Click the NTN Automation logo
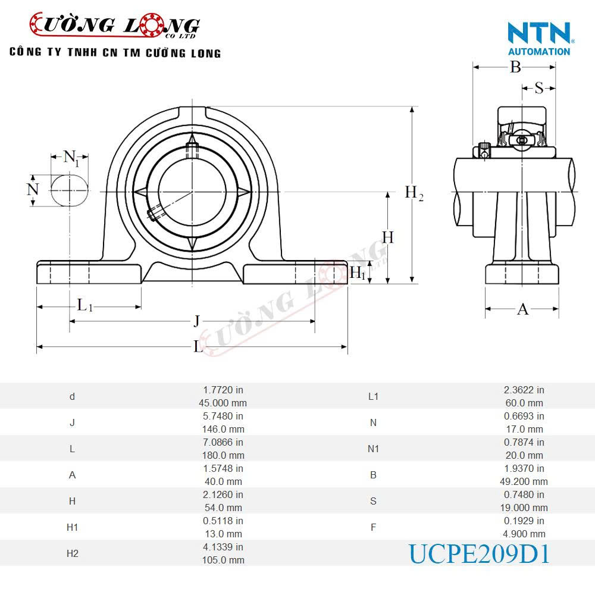click(x=539, y=38)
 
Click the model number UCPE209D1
click(x=479, y=553)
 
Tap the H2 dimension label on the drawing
click(x=414, y=193)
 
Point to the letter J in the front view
click(x=196, y=322)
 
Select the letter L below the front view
click(x=198, y=346)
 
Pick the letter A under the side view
click(x=522, y=309)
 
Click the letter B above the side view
click(x=515, y=67)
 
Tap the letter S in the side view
click(x=538, y=88)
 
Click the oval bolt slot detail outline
click(x=70, y=190)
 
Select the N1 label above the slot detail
click(x=71, y=158)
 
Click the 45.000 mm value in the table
click(x=223, y=402)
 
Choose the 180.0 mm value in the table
click(x=223, y=455)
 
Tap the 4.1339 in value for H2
click(x=223, y=546)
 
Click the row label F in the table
click(x=373, y=527)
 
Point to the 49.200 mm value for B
click(x=524, y=481)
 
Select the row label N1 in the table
click(x=373, y=449)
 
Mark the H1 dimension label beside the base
click(x=357, y=273)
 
